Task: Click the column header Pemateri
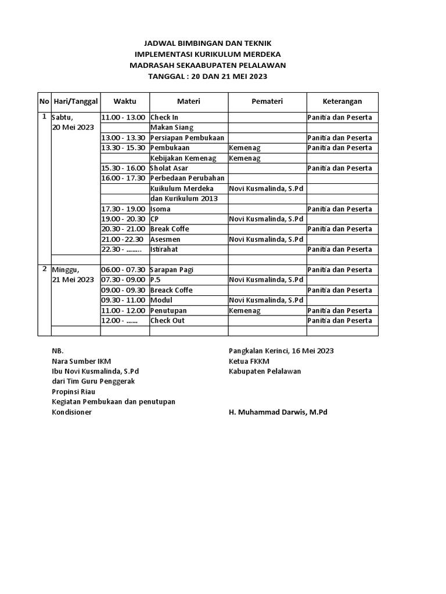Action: pyautogui.click(x=267, y=102)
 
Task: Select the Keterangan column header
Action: pyautogui.click(x=342, y=102)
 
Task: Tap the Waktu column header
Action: pyautogui.click(x=124, y=102)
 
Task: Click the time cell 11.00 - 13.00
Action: pyautogui.click(x=123, y=118)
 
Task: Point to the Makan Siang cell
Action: pyautogui.click(x=172, y=128)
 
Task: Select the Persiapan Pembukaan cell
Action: pyautogui.click(x=188, y=138)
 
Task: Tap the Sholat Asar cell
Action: pyautogui.click(x=169, y=168)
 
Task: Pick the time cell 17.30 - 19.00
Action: pyautogui.click(x=123, y=209)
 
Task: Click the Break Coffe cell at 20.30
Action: pyautogui.click(x=170, y=229)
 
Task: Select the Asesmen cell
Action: pyautogui.click(x=166, y=240)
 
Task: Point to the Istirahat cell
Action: pyautogui.click(x=164, y=249)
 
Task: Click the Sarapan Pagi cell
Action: pyautogui.click(x=172, y=270)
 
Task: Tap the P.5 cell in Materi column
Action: pyautogui.click(x=155, y=280)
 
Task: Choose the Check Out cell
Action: pyautogui.click(x=168, y=321)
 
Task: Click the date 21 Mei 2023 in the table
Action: pyautogui.click(x=73, y=280)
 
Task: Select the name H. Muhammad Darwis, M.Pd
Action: pyautogui.click(x=278, y=412)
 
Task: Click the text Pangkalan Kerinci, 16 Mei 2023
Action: pyautogui.click(x=281, y=351)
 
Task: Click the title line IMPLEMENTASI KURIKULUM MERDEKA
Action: pyautogui.click(x=207, y=54)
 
